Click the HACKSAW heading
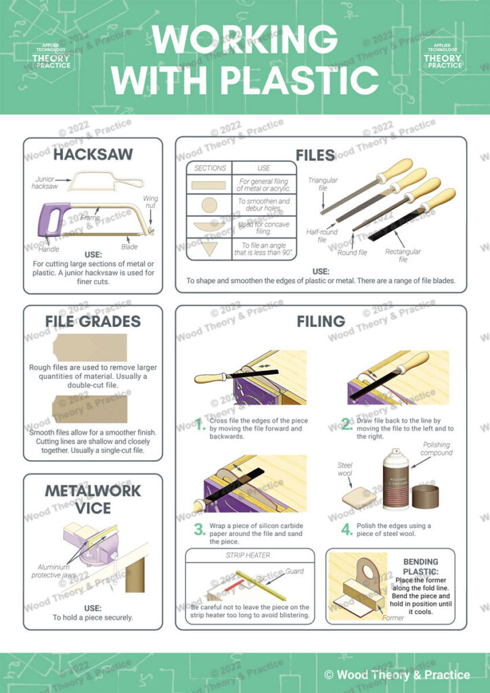coord(93,154)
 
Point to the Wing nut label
coord(150,203)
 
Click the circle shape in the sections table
coord(210,205)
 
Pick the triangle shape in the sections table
coord(210,248)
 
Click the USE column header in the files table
coord(264,168)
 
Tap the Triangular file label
coord(323,184)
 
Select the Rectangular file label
coord(403,255)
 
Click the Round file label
coord(353,252)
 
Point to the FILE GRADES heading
coord(93,321)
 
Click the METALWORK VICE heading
coord(93,499)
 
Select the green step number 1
coord(200,425)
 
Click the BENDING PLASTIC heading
coord(420,566)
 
